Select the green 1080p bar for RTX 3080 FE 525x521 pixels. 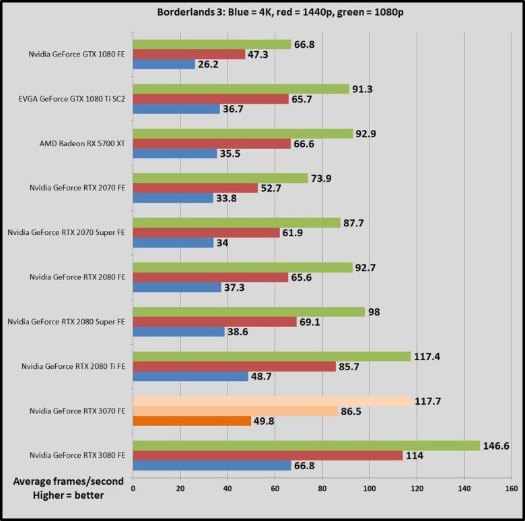[306, 446]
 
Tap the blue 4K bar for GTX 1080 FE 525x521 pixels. [164, 65]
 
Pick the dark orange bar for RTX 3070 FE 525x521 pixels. [192, 421]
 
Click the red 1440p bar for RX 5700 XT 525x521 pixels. [212, 143]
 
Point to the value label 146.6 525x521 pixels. [499, 446]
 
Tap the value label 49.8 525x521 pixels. [265, 421]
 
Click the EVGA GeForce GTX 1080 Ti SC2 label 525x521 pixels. [73, 99]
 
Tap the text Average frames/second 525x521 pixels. [59, 482]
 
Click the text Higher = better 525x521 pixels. [60, 497]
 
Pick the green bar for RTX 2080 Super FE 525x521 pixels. [249, 312]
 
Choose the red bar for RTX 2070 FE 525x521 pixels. [195, 188]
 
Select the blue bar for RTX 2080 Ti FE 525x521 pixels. [190, 376]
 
